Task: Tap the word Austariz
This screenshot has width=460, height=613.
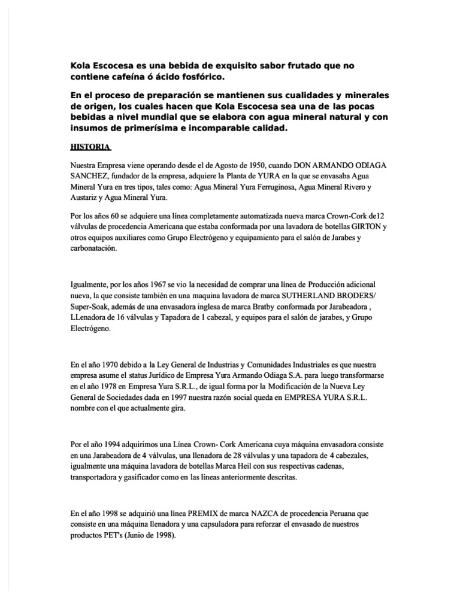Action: (87, 197)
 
